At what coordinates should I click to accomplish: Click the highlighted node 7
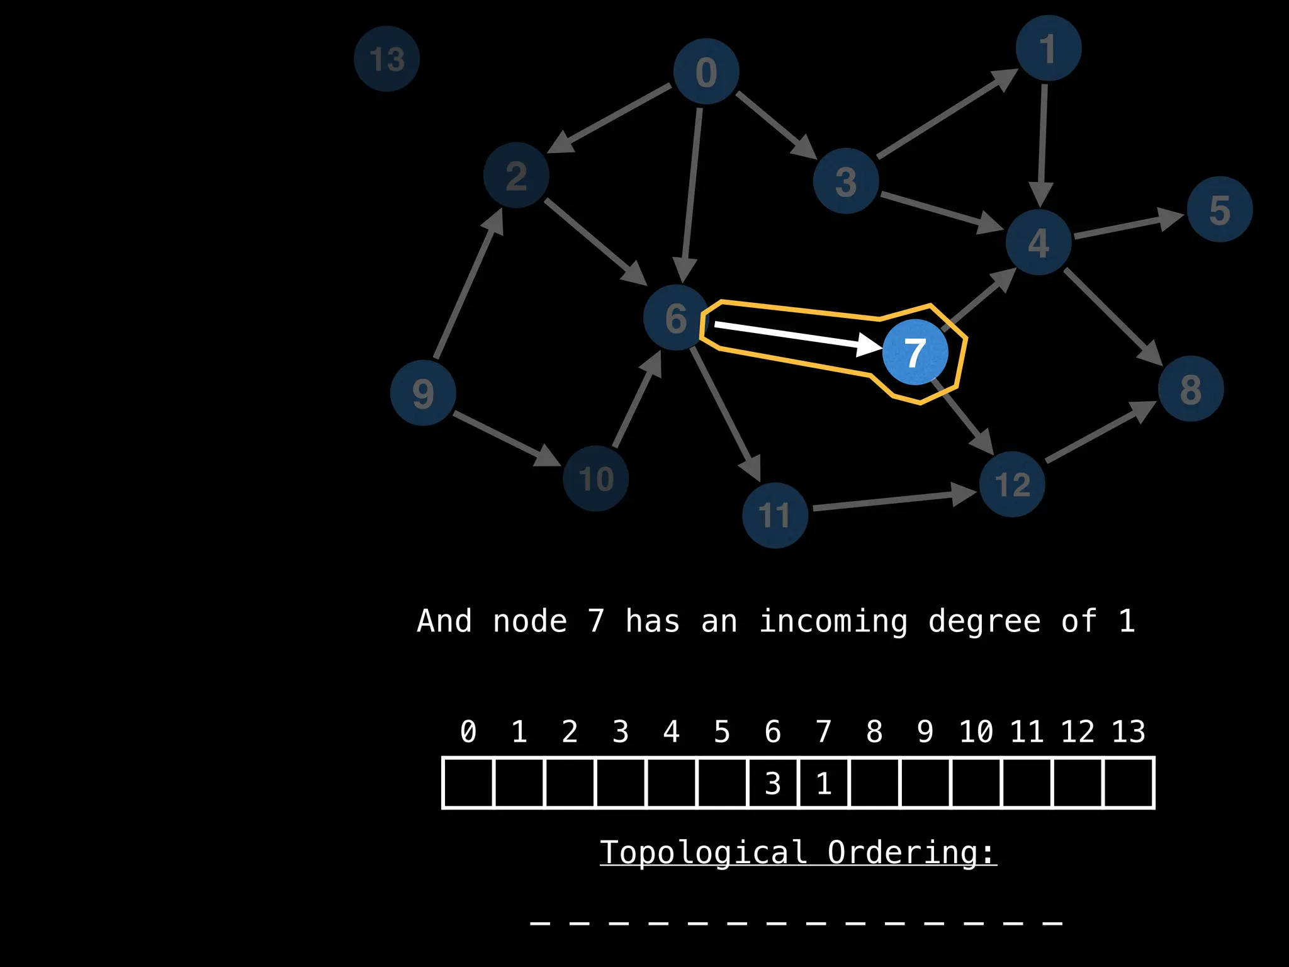[x=915, y=352]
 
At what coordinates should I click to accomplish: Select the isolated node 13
[x=386, y=59]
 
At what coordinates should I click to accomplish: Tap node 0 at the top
[x=706, y=72]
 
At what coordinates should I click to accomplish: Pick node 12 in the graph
[x=1012, y=484]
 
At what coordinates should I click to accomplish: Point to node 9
[x=423, y=393]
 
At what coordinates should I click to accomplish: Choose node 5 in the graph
[x=1220, y=210]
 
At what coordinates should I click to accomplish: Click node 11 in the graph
[x=775, y=516]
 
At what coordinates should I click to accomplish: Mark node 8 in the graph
[x=1191, y=388]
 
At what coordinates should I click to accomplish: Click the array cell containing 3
[x=773, y=783]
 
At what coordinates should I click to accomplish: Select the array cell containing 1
[x=824, y=783]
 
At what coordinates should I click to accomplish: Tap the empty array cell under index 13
[x=1129, y=783]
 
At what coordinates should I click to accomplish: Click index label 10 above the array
[x=976, y=732]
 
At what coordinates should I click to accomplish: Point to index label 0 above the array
[x=468, y=732]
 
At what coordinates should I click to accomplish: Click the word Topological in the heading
[x=703, y=852]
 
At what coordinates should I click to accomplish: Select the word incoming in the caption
[x=833, y=621]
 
